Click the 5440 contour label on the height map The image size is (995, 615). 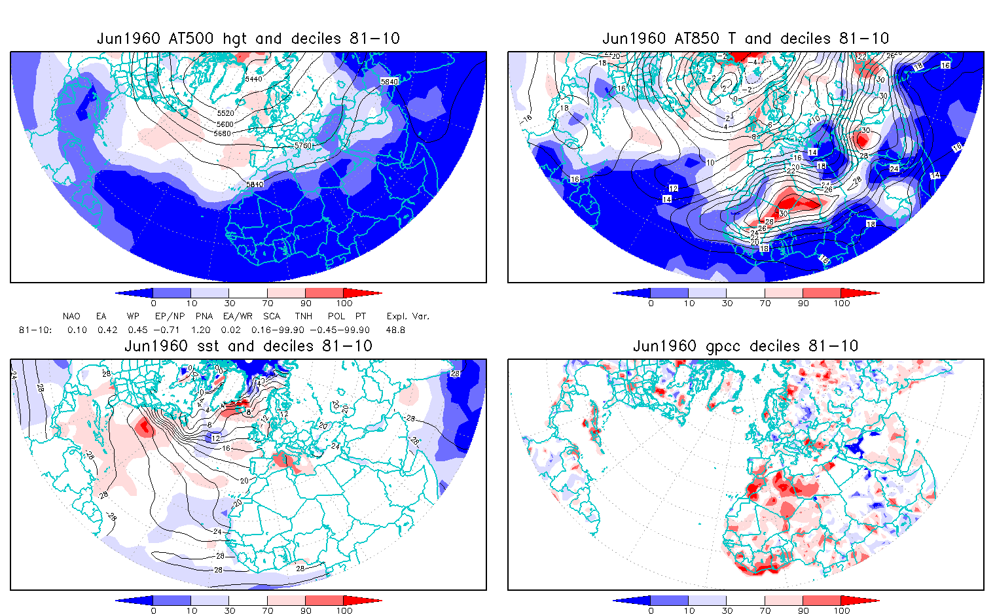click(x=253, y=79)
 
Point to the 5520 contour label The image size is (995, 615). click(x=225, y=113)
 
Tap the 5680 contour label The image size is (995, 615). click(x=223, y=133)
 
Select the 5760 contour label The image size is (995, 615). click(x=303, y=145)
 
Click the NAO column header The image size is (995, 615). click(x=71, y=316)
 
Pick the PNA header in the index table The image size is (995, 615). click(x=204, y=316)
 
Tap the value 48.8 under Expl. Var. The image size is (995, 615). click(x=395, y=330)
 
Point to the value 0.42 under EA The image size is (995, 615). click(x=107, y=330)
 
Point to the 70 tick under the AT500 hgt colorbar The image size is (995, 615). click(x=267, y=303)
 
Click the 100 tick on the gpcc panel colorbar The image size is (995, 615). click(x=842, y=610)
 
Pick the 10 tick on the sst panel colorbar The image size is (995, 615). click(x=191, y=610)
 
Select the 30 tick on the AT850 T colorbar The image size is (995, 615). click(x=727, y=303)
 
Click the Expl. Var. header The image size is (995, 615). click(x=408, y=316)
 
